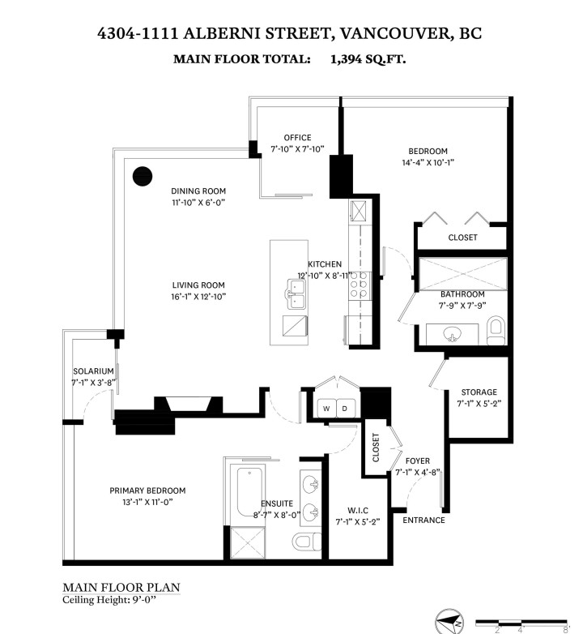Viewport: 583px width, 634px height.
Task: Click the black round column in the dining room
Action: tap(143, 176)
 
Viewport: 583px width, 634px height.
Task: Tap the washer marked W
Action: tap(326, 408)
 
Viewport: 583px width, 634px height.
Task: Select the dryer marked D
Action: tap(344, 408)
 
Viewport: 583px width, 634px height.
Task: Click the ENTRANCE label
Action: tap(423, 520)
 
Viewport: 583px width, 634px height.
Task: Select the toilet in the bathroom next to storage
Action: tap(496, 328)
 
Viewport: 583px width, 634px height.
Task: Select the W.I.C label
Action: tap(358, 510)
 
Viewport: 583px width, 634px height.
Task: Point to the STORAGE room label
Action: tap(479, 392)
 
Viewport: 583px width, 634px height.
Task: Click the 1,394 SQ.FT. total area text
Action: tap(368, 59)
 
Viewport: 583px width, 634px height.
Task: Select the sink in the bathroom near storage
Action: tap(451, 332)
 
